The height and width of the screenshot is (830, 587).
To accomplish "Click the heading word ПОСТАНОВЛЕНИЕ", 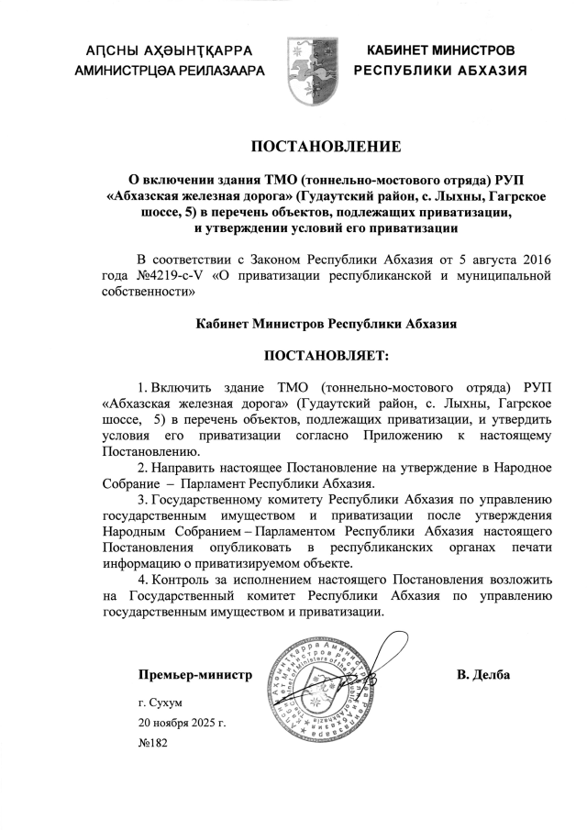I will tap(327, 146).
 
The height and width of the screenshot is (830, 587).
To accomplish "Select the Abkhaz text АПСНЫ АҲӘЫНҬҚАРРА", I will tap(161, 50).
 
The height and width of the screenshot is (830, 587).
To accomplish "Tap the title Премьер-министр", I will tap(194, 675).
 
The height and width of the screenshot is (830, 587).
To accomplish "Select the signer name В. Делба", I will tap(482, 675).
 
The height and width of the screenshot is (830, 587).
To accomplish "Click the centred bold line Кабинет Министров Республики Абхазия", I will tap(327, 324).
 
